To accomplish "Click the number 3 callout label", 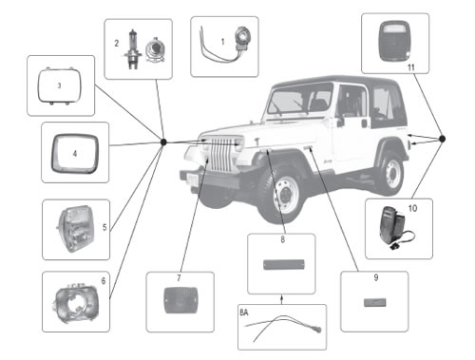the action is click(x=59, y=85).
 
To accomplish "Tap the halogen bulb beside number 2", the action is click(x=132, y=49).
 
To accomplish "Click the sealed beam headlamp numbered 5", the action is click(x=75, y=229).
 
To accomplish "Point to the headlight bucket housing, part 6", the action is click(x=76, y=303).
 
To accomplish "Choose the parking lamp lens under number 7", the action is click(x=180, y=300).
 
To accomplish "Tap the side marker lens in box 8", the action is click(x=284, y=265).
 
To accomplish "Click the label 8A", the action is click(x=244, y=313).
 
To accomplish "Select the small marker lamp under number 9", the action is click(x=375, y=302).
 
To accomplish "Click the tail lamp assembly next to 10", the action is click(x=392, y=226).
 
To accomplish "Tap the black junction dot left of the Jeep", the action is click(x=163, y=142).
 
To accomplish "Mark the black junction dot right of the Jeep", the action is click(x=443, y=139).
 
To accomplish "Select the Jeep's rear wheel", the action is click(x=390, y=174).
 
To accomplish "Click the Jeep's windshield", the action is click(x=299, y=99).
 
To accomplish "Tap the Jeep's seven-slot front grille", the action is click(x=221, y=155).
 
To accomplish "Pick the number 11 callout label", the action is click(x=411, y=67).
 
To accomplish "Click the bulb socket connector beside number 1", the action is click(x=243, y=37).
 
